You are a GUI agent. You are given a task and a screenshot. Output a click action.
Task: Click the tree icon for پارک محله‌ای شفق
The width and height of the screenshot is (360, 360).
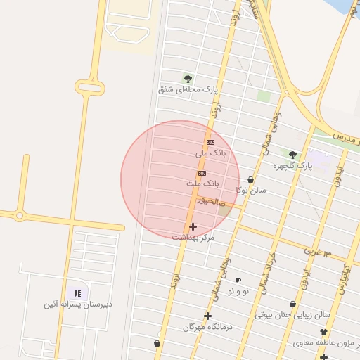click(x=187, y=78)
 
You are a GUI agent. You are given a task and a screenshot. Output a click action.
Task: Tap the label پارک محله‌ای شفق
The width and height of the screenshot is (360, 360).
click(x=188, y=89)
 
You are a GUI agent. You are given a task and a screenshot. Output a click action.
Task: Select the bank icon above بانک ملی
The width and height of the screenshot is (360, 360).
click(x=210, y=141)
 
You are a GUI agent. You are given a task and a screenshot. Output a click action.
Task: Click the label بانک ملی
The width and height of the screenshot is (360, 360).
click(x=212, y=152)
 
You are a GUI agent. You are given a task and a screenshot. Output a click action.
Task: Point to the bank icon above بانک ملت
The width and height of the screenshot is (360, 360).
click(x=202, y=172)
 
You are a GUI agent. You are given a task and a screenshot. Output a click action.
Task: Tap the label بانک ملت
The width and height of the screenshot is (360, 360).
click(x=203, y=183)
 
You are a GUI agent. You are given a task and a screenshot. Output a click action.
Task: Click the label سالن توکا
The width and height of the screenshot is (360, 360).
click(x=251, y=191)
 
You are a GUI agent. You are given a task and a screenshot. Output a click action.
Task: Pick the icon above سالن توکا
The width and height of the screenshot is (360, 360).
click(x=251, y=180)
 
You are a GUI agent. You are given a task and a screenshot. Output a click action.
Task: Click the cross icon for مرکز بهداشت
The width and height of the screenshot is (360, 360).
click(x=193, y=226)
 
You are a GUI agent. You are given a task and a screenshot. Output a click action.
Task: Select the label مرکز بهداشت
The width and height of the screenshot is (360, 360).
click(x=193, y=238)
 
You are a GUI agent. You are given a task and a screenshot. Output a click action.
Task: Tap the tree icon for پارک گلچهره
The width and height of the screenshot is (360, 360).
click(x=292, y=155)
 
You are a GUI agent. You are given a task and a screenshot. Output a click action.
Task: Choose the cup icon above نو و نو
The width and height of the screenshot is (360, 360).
click(x=238, y=280)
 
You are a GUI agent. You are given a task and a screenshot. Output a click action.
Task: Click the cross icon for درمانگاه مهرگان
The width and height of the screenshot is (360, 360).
click(x=207, y=316)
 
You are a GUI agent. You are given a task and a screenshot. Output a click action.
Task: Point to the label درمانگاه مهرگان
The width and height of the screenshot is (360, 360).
click(x=207, y=327)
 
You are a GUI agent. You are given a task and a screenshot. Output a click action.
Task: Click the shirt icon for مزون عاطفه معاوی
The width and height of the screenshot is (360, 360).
click(x=323, y=332)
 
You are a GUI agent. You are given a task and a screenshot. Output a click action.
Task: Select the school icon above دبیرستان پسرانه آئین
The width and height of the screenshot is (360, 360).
click(x=78, y=293)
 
